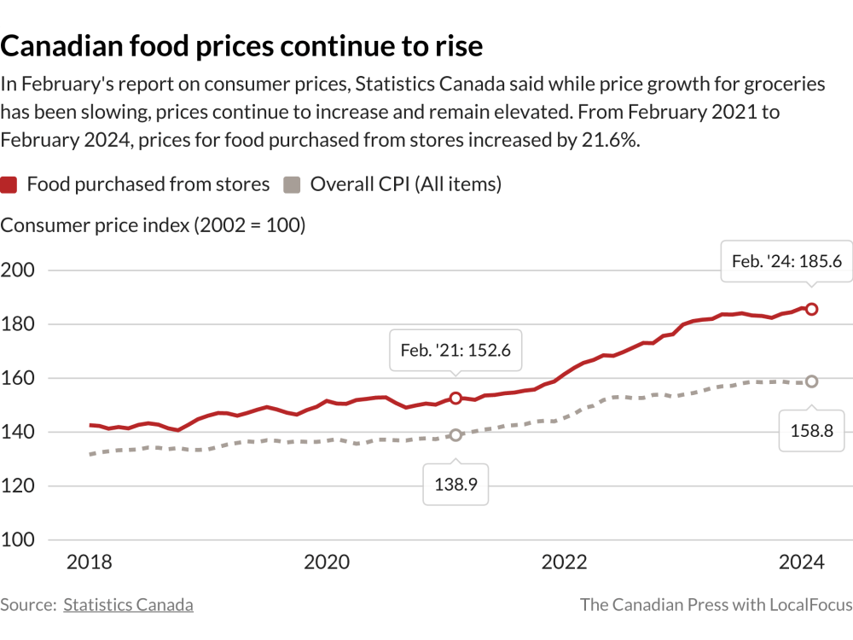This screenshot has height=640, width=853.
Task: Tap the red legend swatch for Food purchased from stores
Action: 9,184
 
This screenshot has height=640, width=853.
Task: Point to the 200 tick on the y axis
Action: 18,271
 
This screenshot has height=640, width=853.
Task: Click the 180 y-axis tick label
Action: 18,324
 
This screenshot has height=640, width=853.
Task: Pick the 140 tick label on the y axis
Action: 18,432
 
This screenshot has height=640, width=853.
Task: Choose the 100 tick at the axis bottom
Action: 18,539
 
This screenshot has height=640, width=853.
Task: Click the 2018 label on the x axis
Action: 90,562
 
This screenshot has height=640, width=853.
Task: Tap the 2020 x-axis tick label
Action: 327,562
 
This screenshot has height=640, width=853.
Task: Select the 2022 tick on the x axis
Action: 564,562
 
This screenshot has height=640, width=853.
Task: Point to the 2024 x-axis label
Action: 802,562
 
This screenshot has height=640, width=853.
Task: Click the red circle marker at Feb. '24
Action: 811,309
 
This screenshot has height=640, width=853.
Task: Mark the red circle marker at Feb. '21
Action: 456,398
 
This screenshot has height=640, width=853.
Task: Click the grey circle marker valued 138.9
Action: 456,434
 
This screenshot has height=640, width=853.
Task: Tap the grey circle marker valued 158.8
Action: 811,381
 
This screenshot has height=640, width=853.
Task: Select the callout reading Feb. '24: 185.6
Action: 786,261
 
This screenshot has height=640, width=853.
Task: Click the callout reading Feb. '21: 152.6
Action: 456,350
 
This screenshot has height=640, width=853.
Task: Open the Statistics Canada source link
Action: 128,605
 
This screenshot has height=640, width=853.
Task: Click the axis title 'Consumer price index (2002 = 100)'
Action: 153,225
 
